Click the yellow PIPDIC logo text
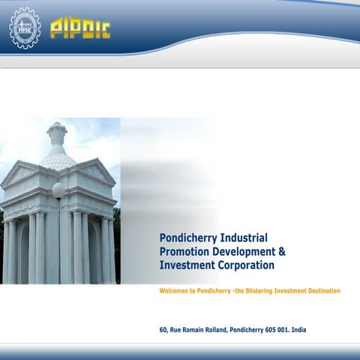tap(80, 29)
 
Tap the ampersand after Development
tap(281, 252)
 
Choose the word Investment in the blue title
tap(186, 265)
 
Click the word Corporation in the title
tap(245, 265)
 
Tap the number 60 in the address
tap(163, 330)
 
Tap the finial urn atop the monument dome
tap(57, 136)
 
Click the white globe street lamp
tap(57, 190)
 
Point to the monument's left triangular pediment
tap(19, 174)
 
